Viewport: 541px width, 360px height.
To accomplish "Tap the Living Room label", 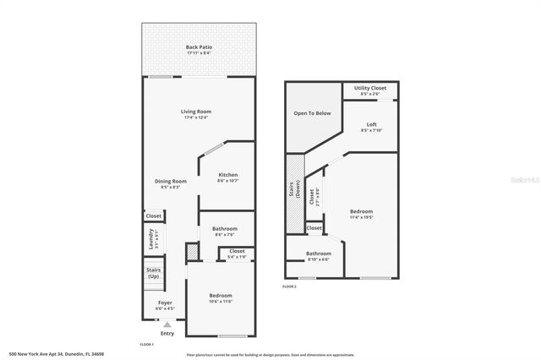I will point(195,112).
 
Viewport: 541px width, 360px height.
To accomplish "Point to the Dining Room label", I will point(170,181).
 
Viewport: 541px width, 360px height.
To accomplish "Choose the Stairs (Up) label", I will point(153,273).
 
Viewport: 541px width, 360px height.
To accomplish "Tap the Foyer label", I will point(166,303).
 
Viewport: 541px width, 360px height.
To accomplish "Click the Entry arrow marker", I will point(167,324).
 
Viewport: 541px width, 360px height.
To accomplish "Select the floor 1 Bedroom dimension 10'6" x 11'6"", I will point(221,301).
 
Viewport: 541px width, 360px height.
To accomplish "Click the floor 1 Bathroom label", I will point(225,228).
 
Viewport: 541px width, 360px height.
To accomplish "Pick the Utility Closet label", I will point(370,87).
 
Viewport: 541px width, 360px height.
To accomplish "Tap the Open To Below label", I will point(311,112).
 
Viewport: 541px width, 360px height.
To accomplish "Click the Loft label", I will point(371,125).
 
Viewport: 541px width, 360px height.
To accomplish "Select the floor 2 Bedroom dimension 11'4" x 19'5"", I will point(361,216).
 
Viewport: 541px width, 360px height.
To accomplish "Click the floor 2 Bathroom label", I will point(319,254).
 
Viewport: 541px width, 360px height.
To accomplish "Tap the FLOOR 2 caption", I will point(289,287).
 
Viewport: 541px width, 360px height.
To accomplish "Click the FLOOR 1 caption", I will point(146,345).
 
